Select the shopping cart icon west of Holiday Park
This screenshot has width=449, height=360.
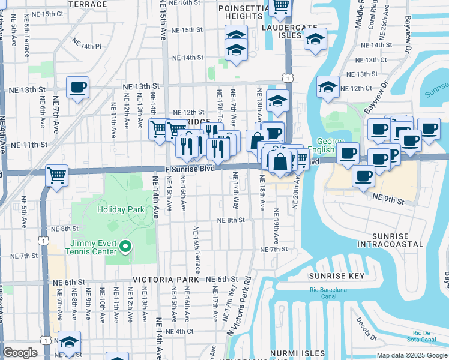coord(56,176)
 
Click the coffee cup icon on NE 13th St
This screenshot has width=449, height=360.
coord(78,88)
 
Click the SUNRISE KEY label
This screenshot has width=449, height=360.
coord(337,276)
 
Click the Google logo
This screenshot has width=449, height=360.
coord(20,353)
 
